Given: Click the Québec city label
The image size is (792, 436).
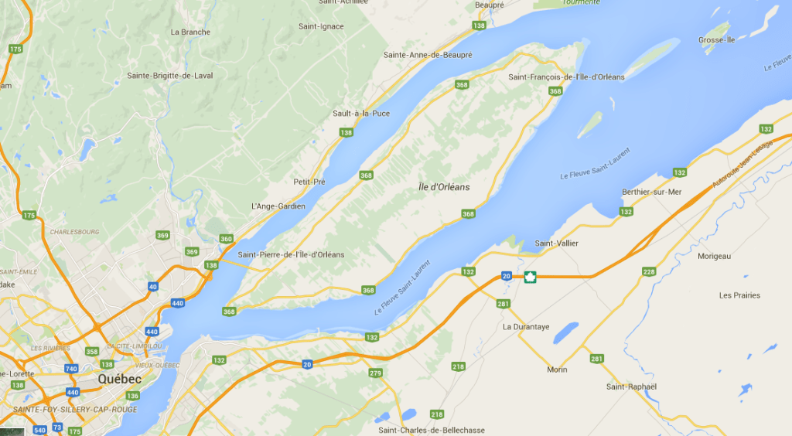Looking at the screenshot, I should pos(120,379).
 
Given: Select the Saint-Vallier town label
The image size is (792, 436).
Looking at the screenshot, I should pos(557,244).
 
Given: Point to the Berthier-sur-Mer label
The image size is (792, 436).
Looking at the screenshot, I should pos(652,192).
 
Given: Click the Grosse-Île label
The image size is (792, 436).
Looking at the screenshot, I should pos(717,39).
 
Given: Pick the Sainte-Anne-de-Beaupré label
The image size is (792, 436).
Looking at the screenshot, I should pos(428,55).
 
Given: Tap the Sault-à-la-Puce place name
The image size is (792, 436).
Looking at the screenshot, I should pos(361,114).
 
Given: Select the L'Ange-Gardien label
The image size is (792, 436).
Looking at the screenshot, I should pos(278,206).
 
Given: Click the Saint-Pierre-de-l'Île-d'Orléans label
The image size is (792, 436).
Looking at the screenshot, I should pos(292,254).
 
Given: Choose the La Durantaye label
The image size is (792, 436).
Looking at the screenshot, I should pos(526,327).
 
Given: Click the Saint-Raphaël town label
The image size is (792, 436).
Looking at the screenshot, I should pos(631,387).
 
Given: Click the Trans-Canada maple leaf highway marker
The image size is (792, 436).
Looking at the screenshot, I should pos(530,277).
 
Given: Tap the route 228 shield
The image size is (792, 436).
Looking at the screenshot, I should pos(649,271).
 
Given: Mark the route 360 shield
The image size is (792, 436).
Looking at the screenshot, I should pos(226,239).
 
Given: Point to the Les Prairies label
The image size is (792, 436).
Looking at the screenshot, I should pos(739,295).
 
